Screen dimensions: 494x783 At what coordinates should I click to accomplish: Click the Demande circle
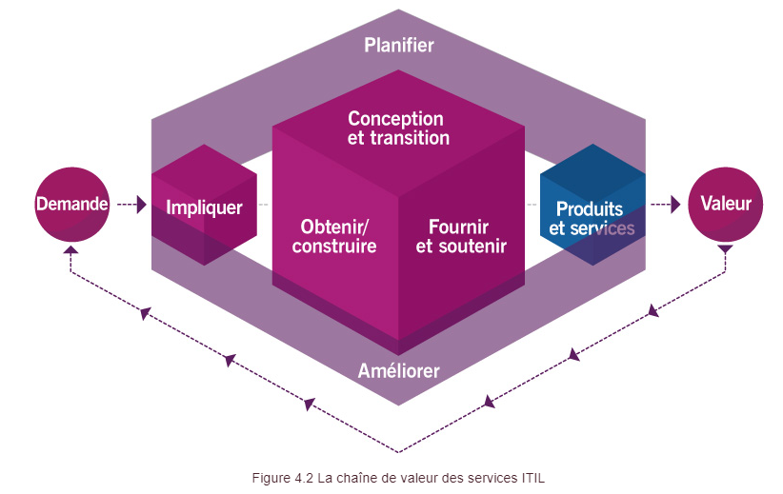point(72,203)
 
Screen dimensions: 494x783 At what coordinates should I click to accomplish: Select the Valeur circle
point(725,203)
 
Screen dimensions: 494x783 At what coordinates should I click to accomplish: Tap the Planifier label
point(399,45)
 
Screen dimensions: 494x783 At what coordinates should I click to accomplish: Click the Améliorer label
point(399,370)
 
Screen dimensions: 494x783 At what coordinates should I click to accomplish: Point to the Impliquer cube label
point(204,207)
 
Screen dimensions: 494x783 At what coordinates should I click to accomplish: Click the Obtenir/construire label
point(334,236)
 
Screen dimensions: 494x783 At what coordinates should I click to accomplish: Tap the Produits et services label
point(591,219)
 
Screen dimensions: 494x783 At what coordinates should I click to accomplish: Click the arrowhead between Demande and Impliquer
point(141,204)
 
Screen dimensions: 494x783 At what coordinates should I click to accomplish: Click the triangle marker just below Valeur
point(725,250)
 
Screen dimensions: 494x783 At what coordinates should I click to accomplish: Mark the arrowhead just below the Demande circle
point(72,251)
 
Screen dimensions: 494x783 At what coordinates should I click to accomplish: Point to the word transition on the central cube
point(412,138)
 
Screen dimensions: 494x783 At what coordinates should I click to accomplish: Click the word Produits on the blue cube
point(590,208)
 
